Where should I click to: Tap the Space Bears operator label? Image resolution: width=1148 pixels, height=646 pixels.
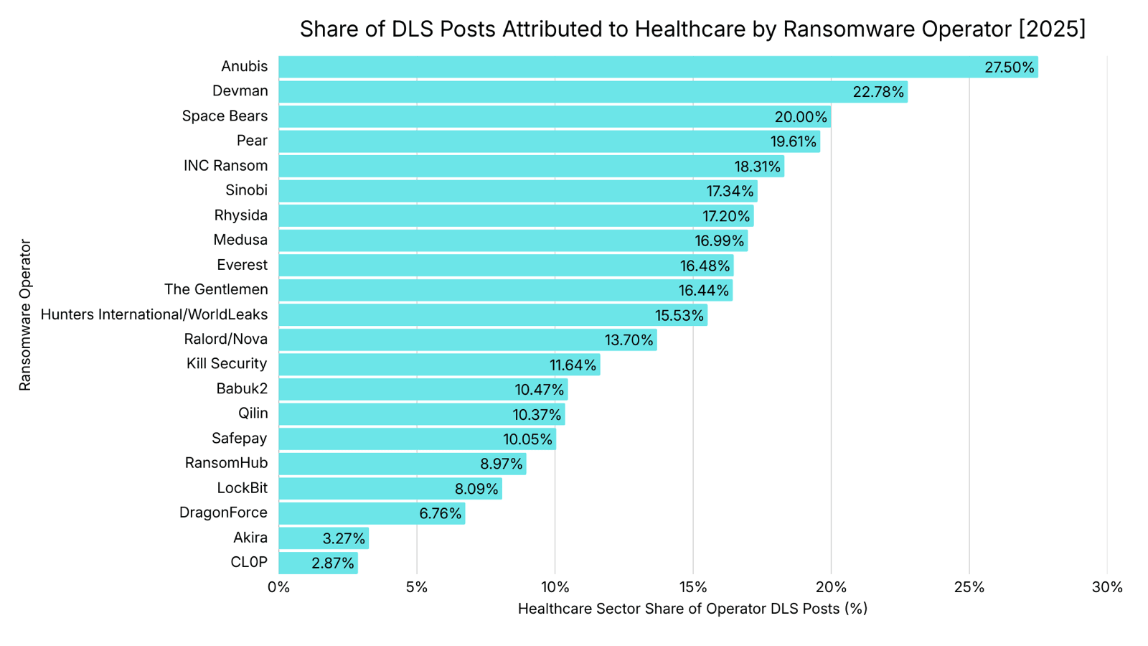225,116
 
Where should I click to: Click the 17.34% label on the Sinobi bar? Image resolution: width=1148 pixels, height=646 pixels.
730,191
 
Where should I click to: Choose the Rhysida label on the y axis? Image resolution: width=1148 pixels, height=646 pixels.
240,215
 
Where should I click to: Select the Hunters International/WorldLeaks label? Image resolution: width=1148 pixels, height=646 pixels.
154,314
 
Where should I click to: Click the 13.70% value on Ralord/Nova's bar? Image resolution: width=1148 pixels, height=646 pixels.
629,340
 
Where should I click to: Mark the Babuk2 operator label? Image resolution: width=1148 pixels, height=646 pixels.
242,389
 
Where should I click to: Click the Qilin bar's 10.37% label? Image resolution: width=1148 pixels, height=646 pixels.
537,414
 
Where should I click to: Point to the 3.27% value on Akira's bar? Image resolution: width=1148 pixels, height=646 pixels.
344,538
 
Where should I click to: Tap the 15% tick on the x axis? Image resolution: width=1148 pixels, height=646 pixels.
693,587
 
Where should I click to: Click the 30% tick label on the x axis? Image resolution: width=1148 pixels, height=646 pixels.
1106,587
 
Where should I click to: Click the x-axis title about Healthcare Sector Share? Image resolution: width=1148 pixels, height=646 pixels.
692,609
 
